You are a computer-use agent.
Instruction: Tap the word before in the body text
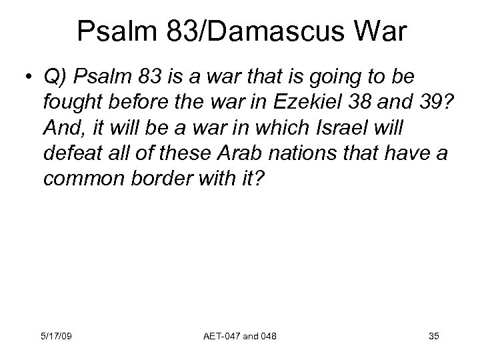[x=134, y=103]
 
